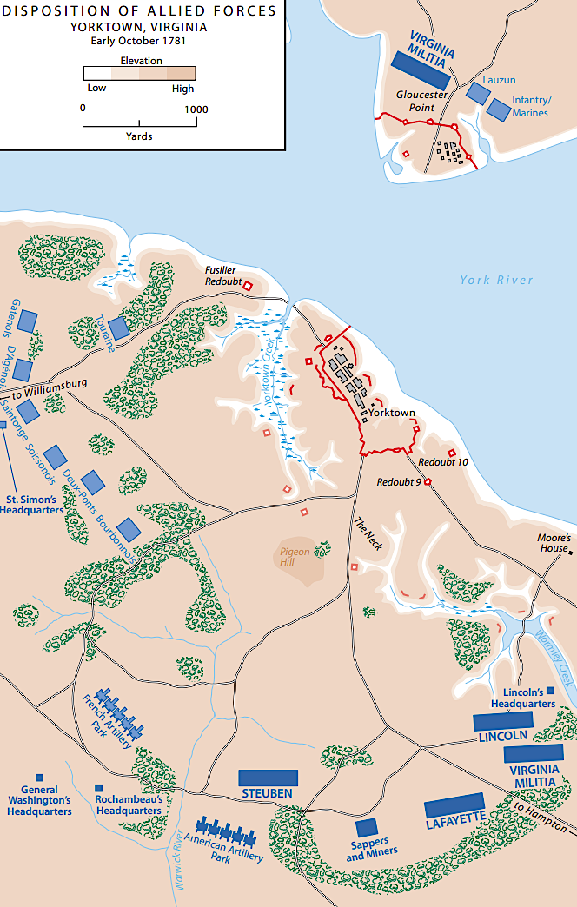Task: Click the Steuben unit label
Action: click(267, 794)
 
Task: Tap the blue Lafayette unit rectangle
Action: click(454, 805)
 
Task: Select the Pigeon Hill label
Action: click(295, 557)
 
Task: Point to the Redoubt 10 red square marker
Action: click(451, 453)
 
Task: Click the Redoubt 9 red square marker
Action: click(428, 482)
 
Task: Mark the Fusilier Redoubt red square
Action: click(247, 286)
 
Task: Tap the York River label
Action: click(496, 280)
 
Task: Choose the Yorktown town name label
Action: click(391, 414)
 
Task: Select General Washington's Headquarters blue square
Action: click(39, 778)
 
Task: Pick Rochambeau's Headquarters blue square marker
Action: click(98, 788)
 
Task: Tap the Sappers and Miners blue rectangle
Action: click(367, 827)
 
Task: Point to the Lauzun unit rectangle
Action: click(476, 90)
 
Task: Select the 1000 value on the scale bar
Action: click(196, 109)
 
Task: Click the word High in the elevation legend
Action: click(183, 88)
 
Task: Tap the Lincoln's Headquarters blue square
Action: click(550, 690)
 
